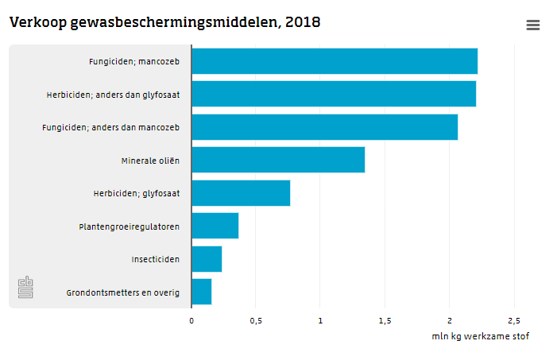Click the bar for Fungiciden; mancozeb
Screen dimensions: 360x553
pyautogui.click(x=335, y=61)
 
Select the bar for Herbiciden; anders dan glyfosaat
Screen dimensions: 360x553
pyautogui.click(x=334, y=94)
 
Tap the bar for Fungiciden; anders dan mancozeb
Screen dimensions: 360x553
pyautogui.click(x=324, y=127)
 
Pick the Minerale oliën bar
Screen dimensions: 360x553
pyautogui.click(x=278, y=160)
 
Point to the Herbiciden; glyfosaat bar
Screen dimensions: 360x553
pyautogui.click(x=241, y=193)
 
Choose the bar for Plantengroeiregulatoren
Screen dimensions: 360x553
pyautogui.click(x=215, y=226)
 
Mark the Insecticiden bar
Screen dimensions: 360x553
pyautogui.click(x=207, y=259)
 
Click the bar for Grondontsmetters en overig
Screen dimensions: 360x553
pyautogui.click(x=201, y=292)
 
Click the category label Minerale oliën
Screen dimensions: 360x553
pyautogui.click(x=150, y=161)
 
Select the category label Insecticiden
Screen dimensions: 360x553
pyautogui.click(x=155, y=259)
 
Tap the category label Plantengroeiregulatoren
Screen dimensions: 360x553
pyautogui.click(x=129, y=226)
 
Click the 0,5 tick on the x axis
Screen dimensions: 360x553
pyautogui.click(x=256, y=320)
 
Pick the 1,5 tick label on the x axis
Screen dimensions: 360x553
pyautogui.click(x=385, y=320)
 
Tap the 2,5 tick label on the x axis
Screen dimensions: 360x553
pyautogui.click(x=513, y=320)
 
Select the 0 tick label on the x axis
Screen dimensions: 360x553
pyautogui.click(x=191, y=320)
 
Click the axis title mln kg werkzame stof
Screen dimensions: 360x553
pyautogui.click(x=480, y=336)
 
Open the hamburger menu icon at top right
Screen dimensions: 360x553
pyautogui.click(x=533, y=25)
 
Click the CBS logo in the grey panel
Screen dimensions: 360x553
pyautogui.click(x=26, y=288)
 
